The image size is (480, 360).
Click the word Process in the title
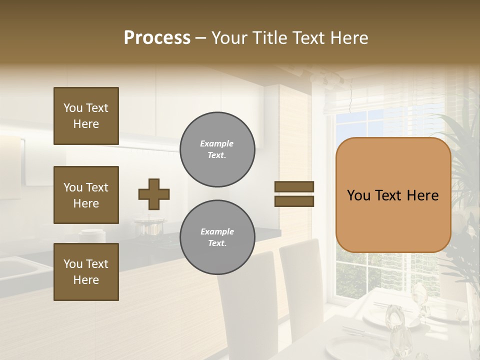click(157, 38)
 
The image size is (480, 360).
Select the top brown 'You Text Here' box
click(86, 116)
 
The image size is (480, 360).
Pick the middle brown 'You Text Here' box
click(86, 195)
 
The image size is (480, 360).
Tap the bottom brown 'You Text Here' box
click(86, 272)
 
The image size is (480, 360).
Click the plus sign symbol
click(154, 194)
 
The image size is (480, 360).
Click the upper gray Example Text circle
click(217, 149)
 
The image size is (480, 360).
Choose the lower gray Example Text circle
click(217, 237)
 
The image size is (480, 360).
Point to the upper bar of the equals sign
click(294, 187)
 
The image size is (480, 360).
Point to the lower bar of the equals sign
click(294, 201)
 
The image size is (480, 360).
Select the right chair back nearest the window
click(300, 280)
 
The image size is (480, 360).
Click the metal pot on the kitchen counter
click(148, 227)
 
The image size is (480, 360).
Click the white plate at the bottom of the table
click(345, 347)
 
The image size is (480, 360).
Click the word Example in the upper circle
click(217, 143)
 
